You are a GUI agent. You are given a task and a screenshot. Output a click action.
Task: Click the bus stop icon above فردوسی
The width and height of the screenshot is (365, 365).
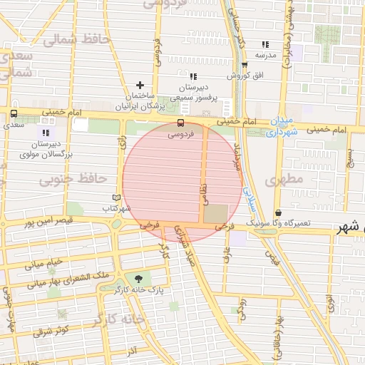[179, 123]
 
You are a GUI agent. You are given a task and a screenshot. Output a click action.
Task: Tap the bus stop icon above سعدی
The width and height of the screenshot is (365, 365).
[14, 114]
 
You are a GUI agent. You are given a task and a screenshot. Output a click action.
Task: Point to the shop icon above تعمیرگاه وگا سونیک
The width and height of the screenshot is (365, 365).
[277, 212]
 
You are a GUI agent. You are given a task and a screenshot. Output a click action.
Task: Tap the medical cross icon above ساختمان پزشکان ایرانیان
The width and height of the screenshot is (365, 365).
[139, 85]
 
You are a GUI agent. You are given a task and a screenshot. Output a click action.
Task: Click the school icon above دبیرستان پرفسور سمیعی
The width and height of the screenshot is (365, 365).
[192, 76]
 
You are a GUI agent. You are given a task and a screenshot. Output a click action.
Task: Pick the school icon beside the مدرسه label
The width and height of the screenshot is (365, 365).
[265, 44]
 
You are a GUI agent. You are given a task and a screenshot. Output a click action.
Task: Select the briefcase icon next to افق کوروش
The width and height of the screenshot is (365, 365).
[245, 65]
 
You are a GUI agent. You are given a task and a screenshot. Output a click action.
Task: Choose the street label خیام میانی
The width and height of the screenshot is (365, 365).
[44, 263]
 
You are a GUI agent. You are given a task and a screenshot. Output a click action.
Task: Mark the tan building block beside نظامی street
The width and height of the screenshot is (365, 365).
[216, 214]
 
